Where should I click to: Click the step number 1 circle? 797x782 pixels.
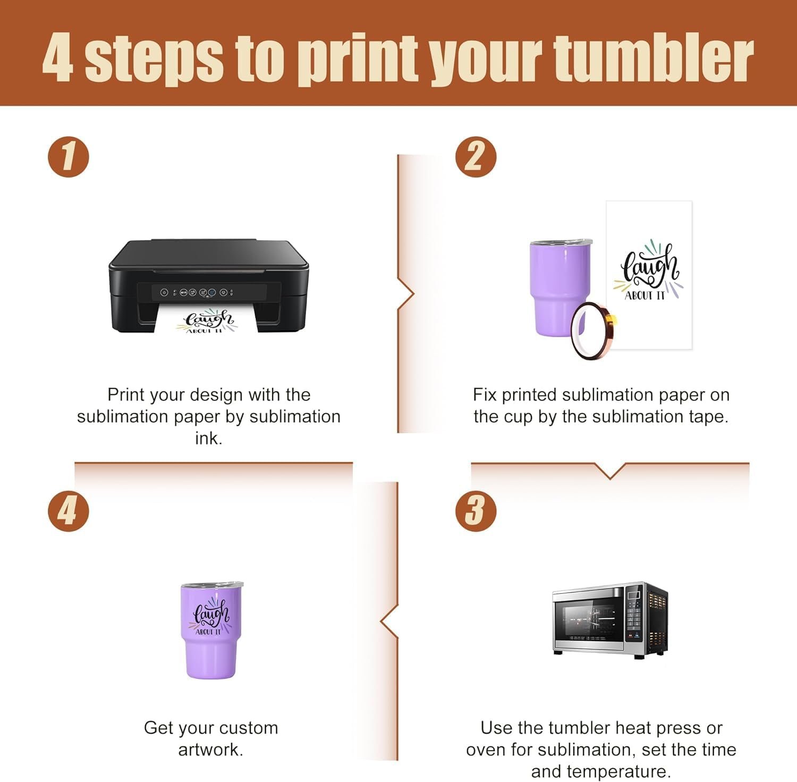coord(69,157)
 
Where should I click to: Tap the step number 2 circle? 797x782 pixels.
coord(476,157)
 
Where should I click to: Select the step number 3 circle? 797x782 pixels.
coord(476,511)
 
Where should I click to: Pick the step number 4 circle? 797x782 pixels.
coord(69,511)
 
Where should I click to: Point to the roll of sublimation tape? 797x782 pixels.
coord(593,331)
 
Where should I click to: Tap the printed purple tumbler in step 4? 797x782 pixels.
coord(211,630)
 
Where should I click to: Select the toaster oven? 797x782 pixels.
coord(610,620)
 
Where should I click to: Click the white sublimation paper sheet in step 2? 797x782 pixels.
coord(649,275)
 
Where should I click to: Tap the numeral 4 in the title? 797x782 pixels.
coord(57,57)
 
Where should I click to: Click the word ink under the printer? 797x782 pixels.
coord(208,438)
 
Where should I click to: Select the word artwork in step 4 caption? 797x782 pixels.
coord(210,750)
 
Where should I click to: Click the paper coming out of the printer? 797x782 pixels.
coord(208,319)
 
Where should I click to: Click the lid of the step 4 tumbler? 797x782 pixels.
coord(211,585)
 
